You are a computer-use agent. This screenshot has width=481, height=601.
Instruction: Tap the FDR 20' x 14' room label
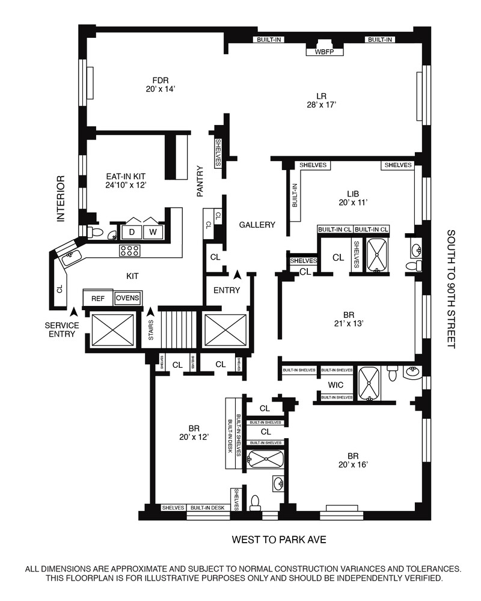coord(159,85)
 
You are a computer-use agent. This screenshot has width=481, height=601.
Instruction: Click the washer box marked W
coord(153,231)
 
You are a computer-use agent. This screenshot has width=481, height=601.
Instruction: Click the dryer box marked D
coord(132,231)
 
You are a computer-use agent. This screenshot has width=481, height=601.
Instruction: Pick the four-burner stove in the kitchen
coord(130,251)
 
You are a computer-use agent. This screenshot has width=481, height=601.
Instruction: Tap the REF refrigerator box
coord(97,298)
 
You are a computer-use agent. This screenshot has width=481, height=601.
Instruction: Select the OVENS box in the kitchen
coord(127,297)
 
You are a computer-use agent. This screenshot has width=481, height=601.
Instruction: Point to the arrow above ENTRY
coord(238,275)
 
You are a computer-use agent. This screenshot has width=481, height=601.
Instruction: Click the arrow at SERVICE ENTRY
coord(74,313)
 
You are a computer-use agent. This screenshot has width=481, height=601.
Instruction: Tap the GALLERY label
coord(257,225)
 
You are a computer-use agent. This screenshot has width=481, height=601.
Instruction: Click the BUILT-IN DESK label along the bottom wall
coord(207,508)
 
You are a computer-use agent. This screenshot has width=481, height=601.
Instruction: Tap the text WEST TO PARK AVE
coord(279,540)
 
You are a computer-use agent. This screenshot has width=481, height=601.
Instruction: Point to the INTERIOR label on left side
coord(60,199)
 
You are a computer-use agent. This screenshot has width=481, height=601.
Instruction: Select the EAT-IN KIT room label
coord(126,180)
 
